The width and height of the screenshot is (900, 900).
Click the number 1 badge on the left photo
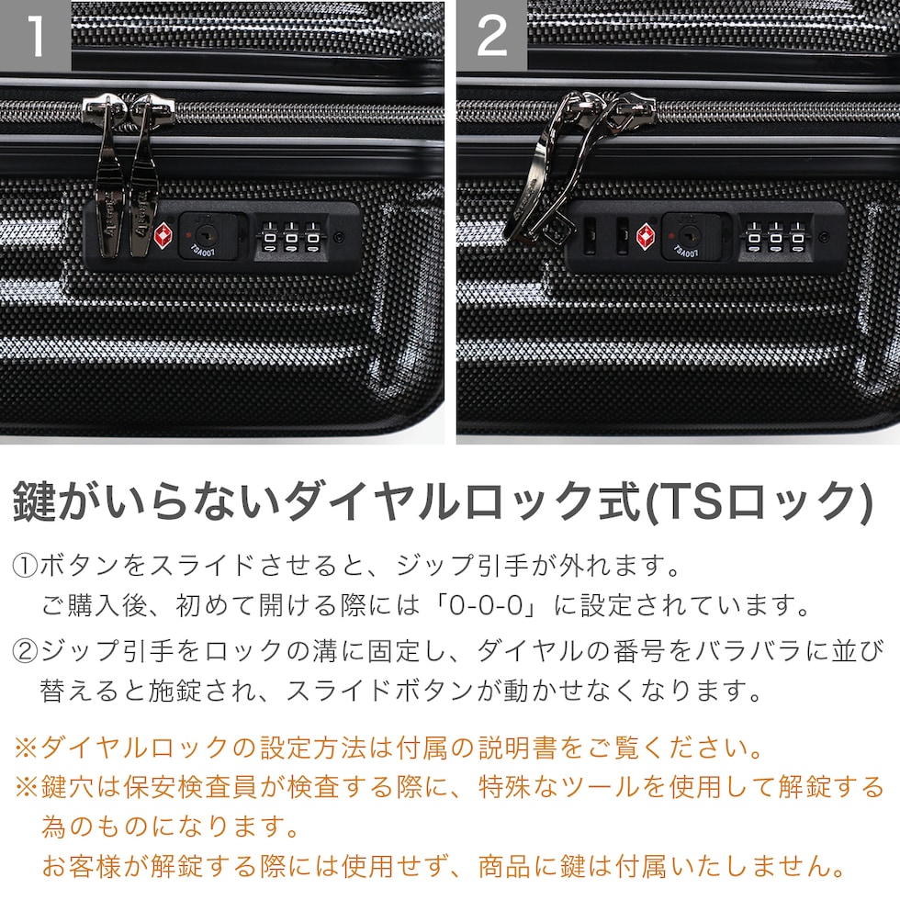(35, 36)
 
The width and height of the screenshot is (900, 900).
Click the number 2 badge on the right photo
(491, 36)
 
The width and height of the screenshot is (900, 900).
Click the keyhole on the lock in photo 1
(204, 233)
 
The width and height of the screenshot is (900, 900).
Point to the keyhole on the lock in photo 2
(687, 233)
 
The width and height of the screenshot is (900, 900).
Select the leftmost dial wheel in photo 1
(269, 238)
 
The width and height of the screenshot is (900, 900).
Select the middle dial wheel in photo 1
(291, 238)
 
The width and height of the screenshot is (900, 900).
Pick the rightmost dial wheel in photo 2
(797, 238)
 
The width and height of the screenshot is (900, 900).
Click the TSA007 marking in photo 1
(203, 251)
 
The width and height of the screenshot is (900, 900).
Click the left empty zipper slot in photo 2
(590, 235)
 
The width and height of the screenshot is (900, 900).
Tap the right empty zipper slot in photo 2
(622, 235)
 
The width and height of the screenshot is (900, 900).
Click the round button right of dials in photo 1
(339, 237)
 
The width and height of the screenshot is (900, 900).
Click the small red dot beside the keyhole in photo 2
(670, 235)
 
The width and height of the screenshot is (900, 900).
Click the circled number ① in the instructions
(25, 566)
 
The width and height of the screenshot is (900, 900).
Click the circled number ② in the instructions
(25, 651)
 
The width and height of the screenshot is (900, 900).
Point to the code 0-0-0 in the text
(486, 605)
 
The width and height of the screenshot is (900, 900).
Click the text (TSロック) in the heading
(759, 501)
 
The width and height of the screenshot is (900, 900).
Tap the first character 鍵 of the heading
(35, 501)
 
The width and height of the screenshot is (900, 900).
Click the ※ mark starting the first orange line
(26, 748)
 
